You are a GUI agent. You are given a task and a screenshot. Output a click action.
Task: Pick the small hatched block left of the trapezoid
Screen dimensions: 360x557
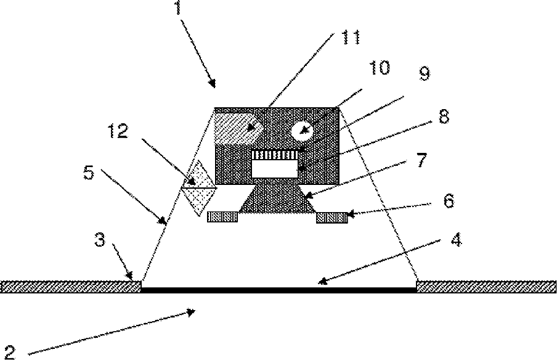[x=222, y=217]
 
